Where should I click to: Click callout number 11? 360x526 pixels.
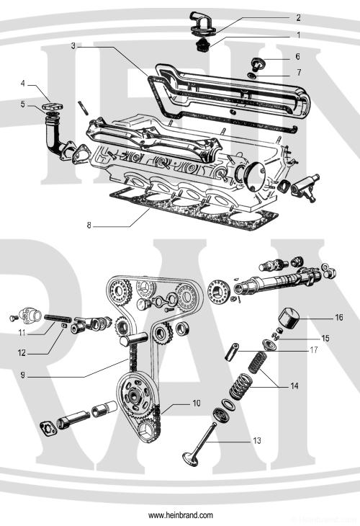[x=23, y=334]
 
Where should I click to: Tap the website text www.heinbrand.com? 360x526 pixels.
[x=180, y=516]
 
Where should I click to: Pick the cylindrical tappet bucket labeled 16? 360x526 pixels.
[x=292, y=317]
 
